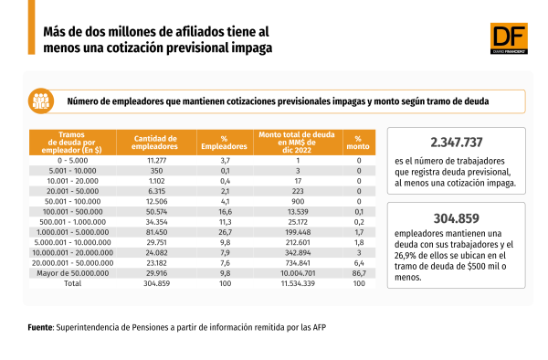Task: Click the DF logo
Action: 509,38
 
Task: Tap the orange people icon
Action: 41,101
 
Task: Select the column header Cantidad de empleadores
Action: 154,143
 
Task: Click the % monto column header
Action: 358,143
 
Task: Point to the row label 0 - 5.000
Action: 73,161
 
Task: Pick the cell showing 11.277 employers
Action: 156,161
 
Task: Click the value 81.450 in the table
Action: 156,232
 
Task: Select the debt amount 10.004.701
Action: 298,273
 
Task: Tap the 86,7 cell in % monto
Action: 359,273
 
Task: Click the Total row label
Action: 73,283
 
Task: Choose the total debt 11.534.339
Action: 298,283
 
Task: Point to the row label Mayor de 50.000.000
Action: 73,273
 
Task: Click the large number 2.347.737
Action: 457,143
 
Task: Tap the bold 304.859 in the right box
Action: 457,218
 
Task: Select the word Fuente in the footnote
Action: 40,327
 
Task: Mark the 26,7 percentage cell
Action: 225,232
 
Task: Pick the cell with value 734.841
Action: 298,263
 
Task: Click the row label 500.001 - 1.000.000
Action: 73,222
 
